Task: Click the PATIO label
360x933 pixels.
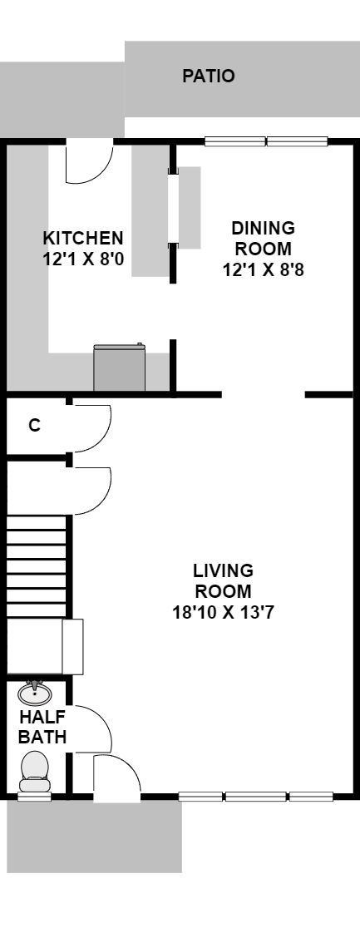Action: coord(208,77)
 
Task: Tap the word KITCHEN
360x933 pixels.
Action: coord(83,238)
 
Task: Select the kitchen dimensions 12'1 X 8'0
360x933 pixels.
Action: coord(83,259)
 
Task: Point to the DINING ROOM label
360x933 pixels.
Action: coord(263,238)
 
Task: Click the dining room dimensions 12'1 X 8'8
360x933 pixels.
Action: coord(263,270)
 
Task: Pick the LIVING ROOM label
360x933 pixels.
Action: coord(223,580)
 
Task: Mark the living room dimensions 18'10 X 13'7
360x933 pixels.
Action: coord(223,612)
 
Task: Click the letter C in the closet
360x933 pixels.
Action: coord(35,426)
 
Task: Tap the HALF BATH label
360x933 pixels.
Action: coord(42,727)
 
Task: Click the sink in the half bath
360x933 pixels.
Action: coord(35,694)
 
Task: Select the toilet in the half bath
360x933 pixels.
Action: coord(35,772)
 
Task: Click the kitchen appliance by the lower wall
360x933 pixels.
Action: coord(119,368)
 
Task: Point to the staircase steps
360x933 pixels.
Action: coord(37,566)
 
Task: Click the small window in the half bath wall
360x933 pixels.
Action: coord(35,797)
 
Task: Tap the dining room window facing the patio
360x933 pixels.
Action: coord(266,141)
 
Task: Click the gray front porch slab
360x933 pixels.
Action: coord(94,837)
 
